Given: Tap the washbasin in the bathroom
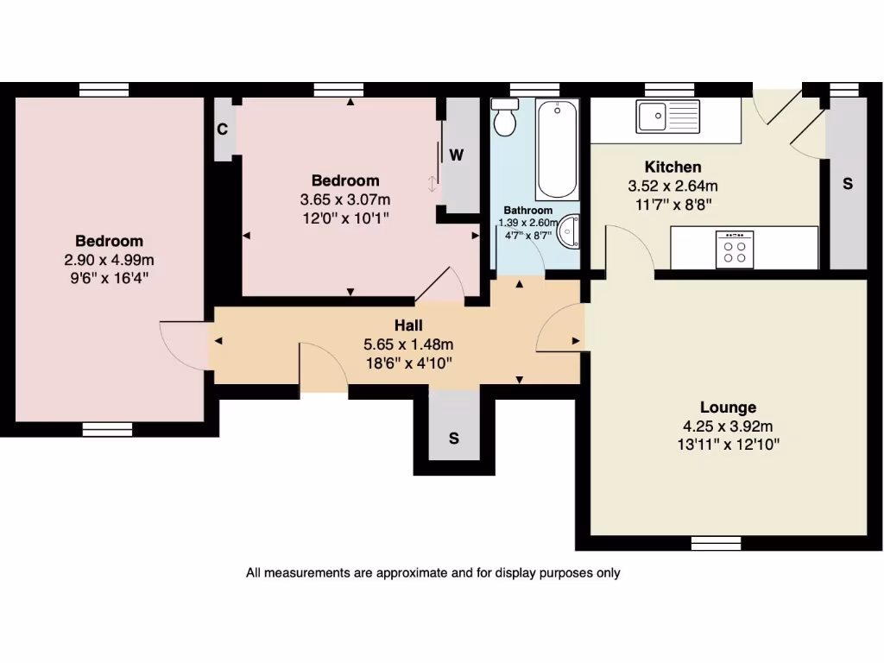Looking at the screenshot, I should [x=570, y=230].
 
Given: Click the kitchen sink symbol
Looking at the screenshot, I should [x=667, y=117].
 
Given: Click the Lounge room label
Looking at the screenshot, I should [x=728, y=407].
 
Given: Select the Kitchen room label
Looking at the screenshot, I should [x=672, y=167].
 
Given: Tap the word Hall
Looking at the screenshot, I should [x=408, y=325].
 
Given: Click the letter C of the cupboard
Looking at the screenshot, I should [x=222, y=129].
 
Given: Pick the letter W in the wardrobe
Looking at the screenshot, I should [x=457, y=155].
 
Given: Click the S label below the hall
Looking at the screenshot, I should [x=453, y=438].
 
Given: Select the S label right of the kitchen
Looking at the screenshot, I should [x=847, y=184].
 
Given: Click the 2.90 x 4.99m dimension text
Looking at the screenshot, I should [x=109, y=260].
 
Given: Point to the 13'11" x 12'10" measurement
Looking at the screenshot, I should [x=728, y=445].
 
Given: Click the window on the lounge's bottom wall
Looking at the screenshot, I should [x=716, y=543].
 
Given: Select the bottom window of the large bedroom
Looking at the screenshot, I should [x=108, y=429].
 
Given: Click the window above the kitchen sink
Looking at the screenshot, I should [x=670, y=89].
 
